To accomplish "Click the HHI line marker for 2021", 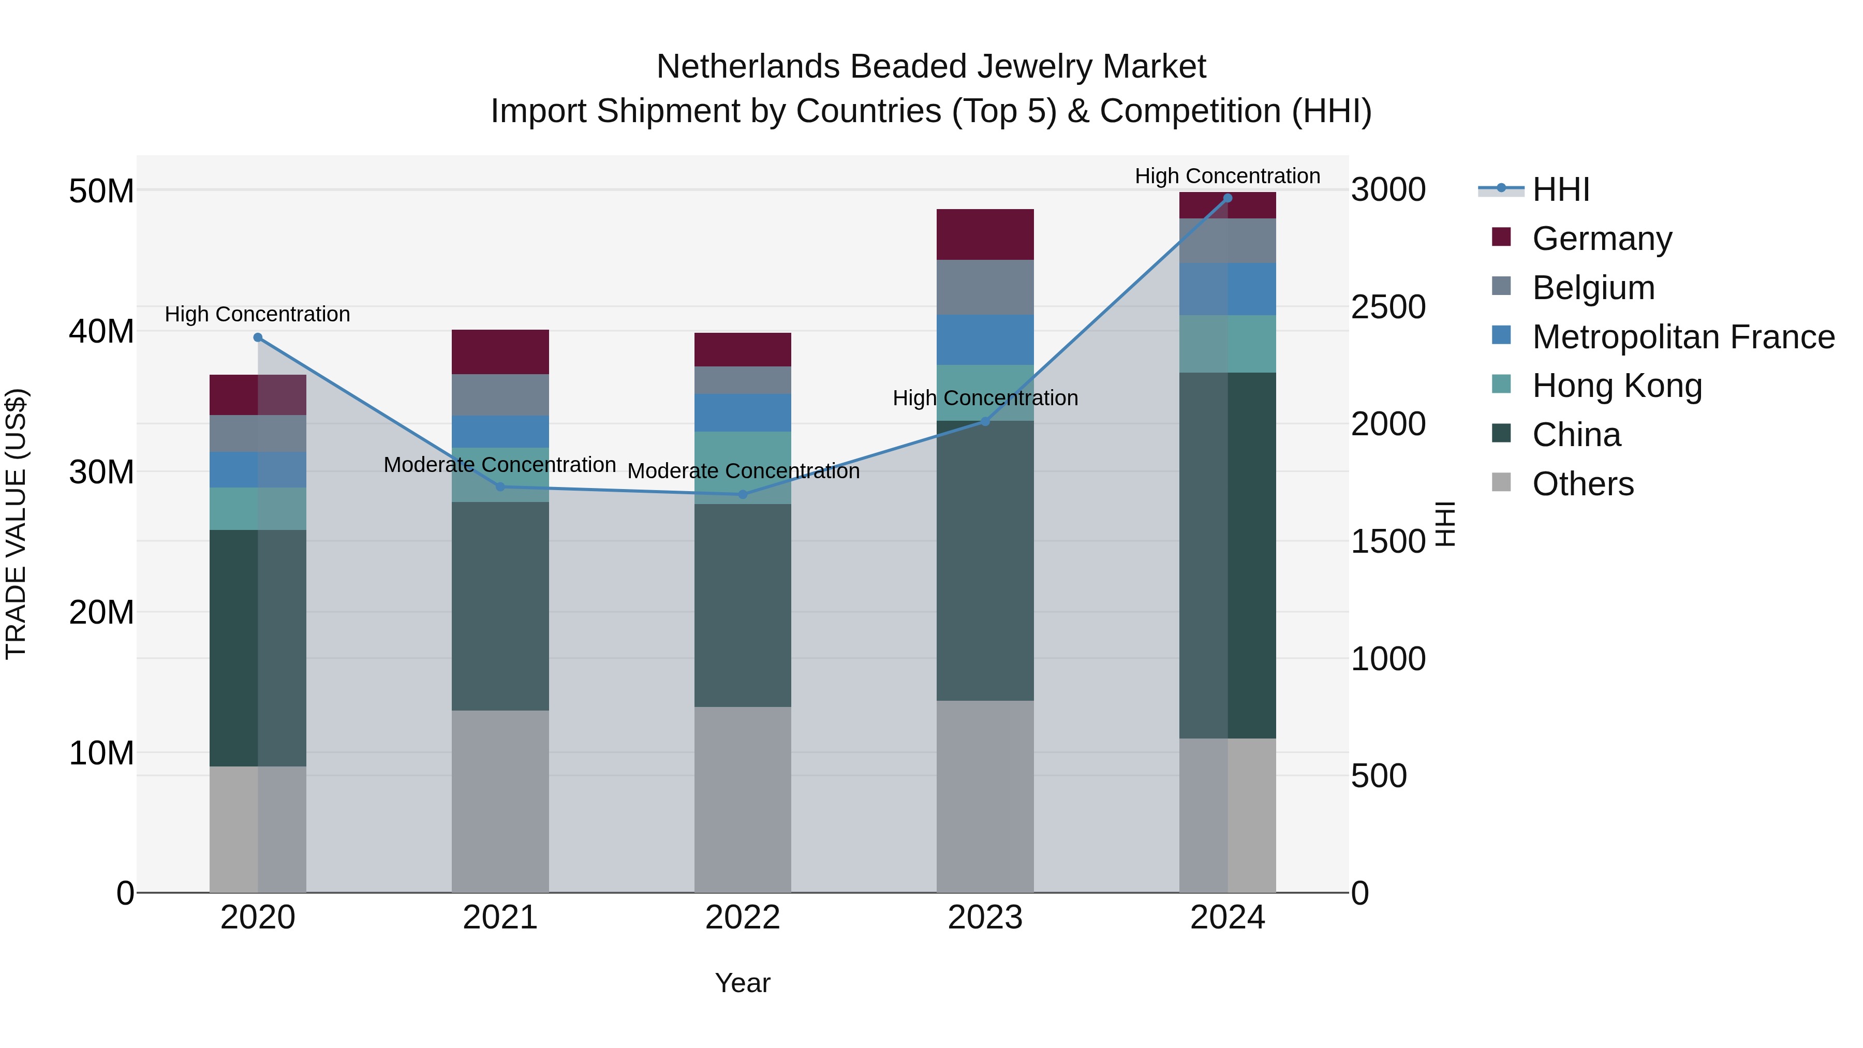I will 500,487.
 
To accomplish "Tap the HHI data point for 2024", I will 1228,198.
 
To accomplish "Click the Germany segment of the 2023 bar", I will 985,234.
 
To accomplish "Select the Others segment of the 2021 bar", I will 500,801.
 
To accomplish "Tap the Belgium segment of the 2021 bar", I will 500,395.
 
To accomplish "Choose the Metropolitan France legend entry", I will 1683,337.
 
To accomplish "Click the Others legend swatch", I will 1501,482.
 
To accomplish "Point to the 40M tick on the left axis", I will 101,331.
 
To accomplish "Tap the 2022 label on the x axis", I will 743,918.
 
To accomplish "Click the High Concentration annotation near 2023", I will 985,398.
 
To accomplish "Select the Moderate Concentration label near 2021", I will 500,464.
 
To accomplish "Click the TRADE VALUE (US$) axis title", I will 16,524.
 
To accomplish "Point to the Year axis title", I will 743,983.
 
